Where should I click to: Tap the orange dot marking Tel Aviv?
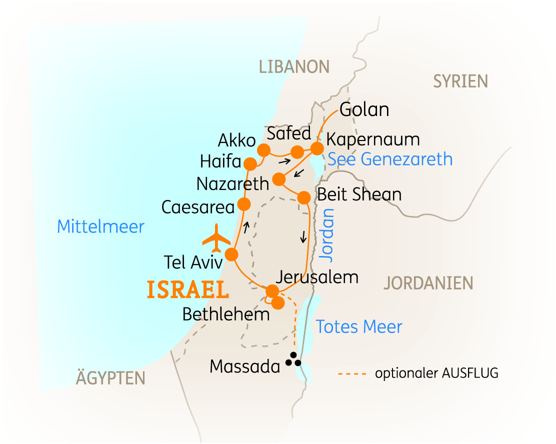coord(231,254)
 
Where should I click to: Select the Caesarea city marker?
coord(244,204)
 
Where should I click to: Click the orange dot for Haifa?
coord(250,163)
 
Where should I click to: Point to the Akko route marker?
coord(263,150)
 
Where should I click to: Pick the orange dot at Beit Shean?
coord(303,197)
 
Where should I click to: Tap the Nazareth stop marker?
coord(279,179)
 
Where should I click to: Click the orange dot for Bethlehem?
coord(278,303)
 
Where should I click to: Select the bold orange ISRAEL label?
coord(187,290)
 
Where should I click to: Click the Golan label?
coord(364,110)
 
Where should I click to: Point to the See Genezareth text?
coord(390,159)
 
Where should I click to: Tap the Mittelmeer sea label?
coord(100,226)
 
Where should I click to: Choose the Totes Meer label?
coord(359,327)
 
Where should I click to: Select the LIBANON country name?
coord(294,66)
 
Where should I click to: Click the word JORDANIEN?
coord(428,283)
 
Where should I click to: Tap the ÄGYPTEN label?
coord(110,378)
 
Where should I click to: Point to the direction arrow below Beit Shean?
coord(303,237)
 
